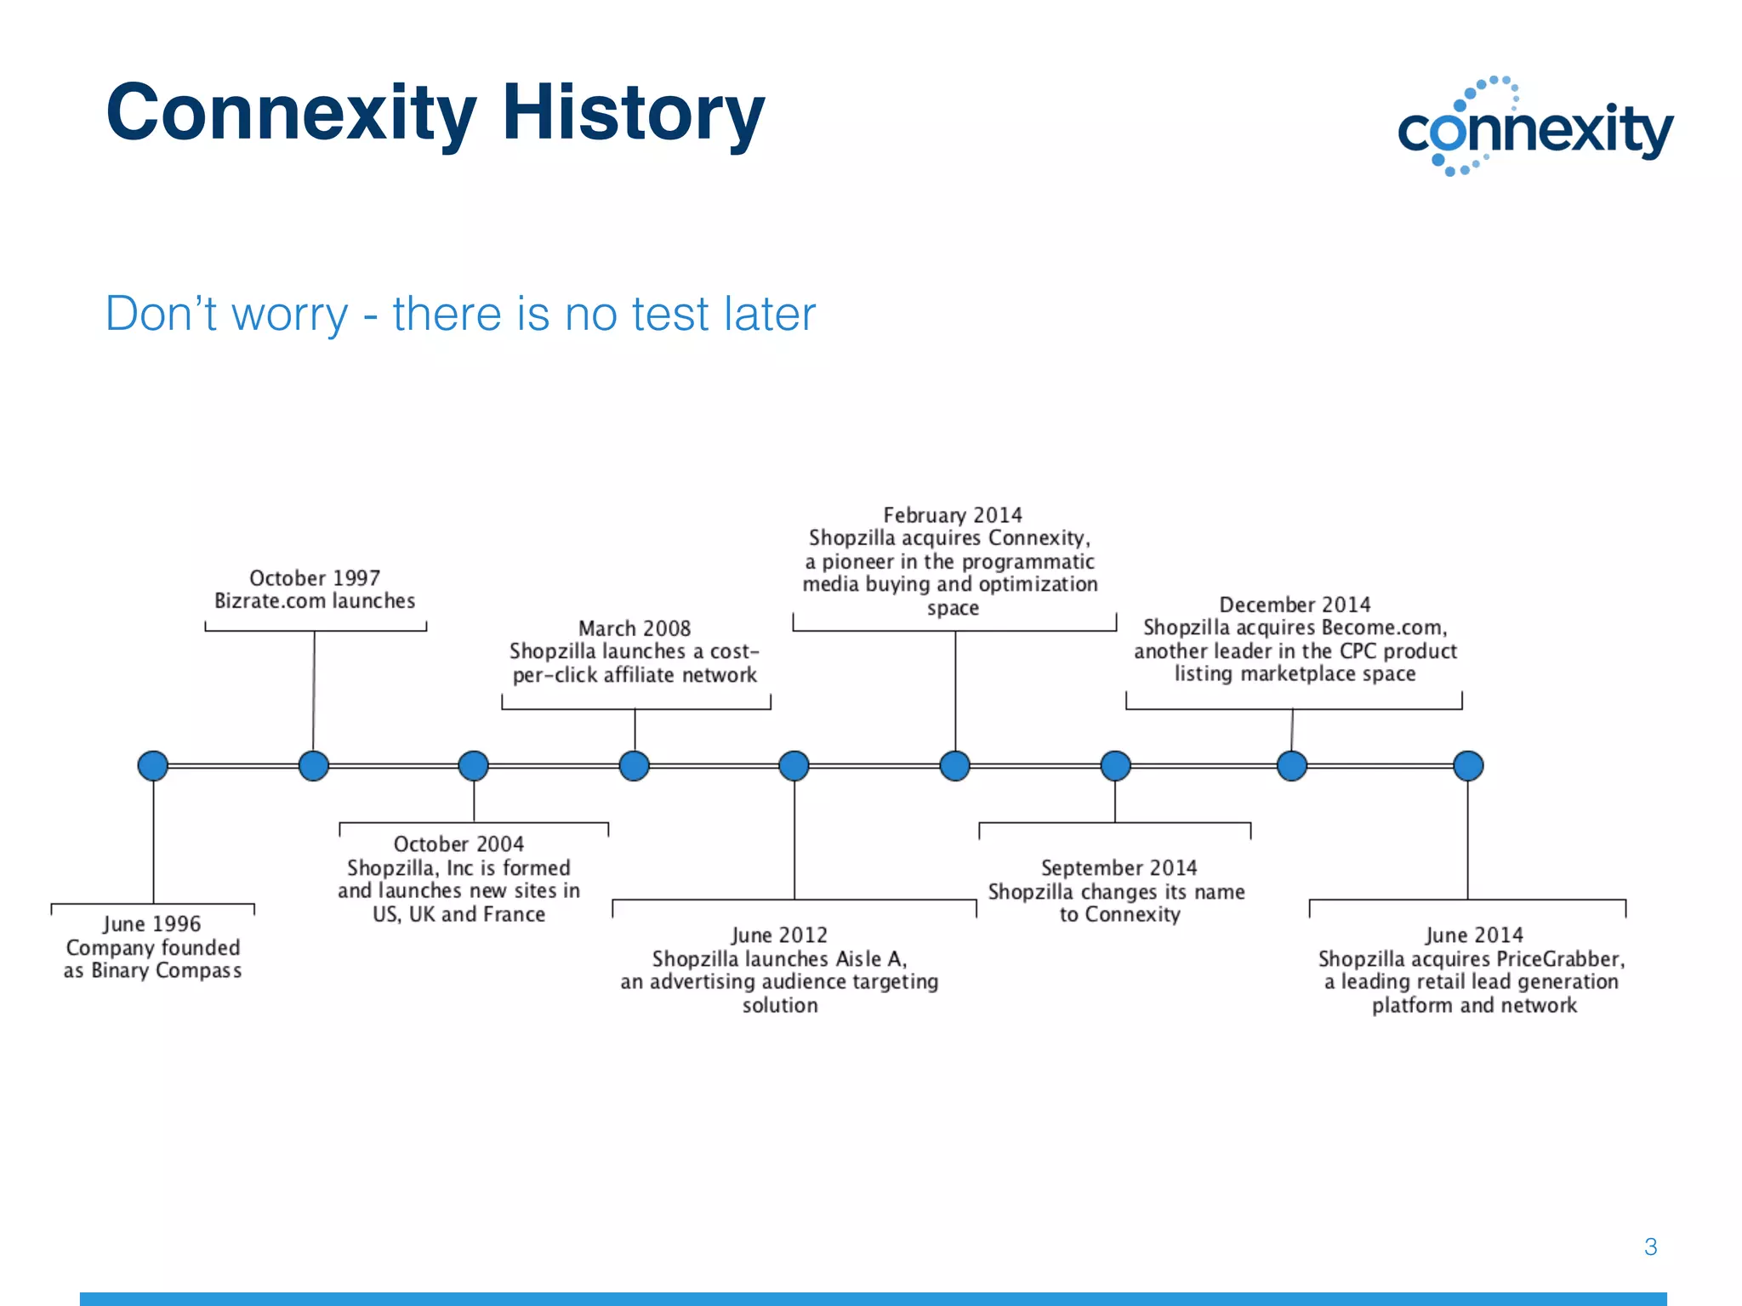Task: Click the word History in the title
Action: (x=633, y=112)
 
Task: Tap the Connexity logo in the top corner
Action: (x=1534, y=128)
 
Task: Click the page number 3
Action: (x=1650, y=1246)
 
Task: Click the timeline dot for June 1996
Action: (x=153, y=765)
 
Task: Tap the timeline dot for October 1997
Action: (x=314, y=765)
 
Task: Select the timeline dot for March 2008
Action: (x=635, y=765)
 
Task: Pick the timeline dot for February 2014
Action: (x=955, y=765)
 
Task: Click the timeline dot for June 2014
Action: (x=1468, y=765)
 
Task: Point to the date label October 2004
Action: (x=458, y=844)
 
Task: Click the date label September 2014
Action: (x=1119, y=868)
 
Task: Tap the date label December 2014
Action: (x=1295, y=605)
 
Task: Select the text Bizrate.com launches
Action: (x=315, y=601)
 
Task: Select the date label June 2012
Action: (x=779, y=935)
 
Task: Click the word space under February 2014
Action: (x=953, y=608)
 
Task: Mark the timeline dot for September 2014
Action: (x=1115, y=765)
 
